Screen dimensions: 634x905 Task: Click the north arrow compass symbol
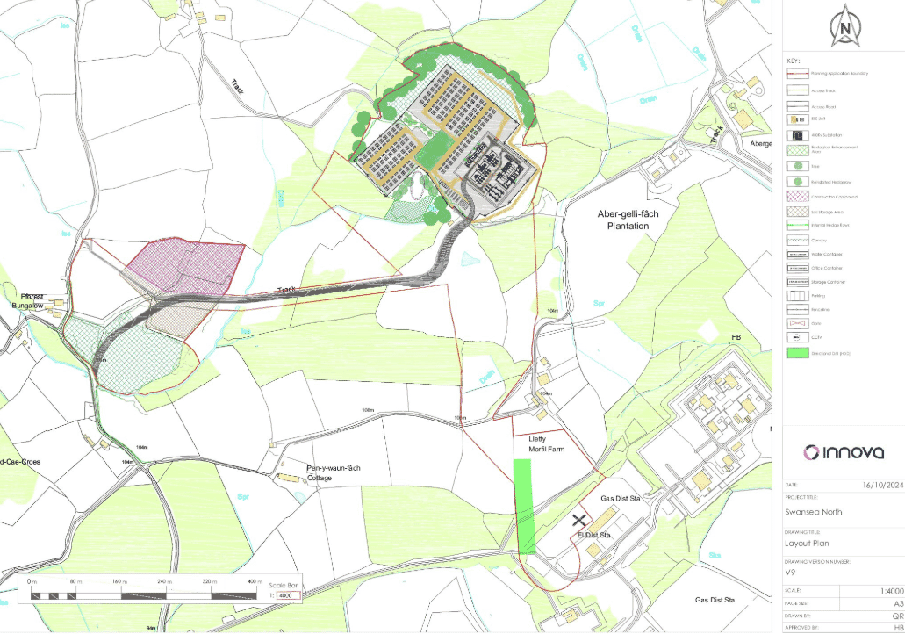(x=844, y=25)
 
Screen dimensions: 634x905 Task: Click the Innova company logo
(x=844, y=452)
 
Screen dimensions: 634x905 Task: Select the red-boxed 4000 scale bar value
(x=288, y=596)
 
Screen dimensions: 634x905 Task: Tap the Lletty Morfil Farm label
(x=546, y=443)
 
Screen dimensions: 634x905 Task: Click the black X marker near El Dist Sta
(x=578, y=520)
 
